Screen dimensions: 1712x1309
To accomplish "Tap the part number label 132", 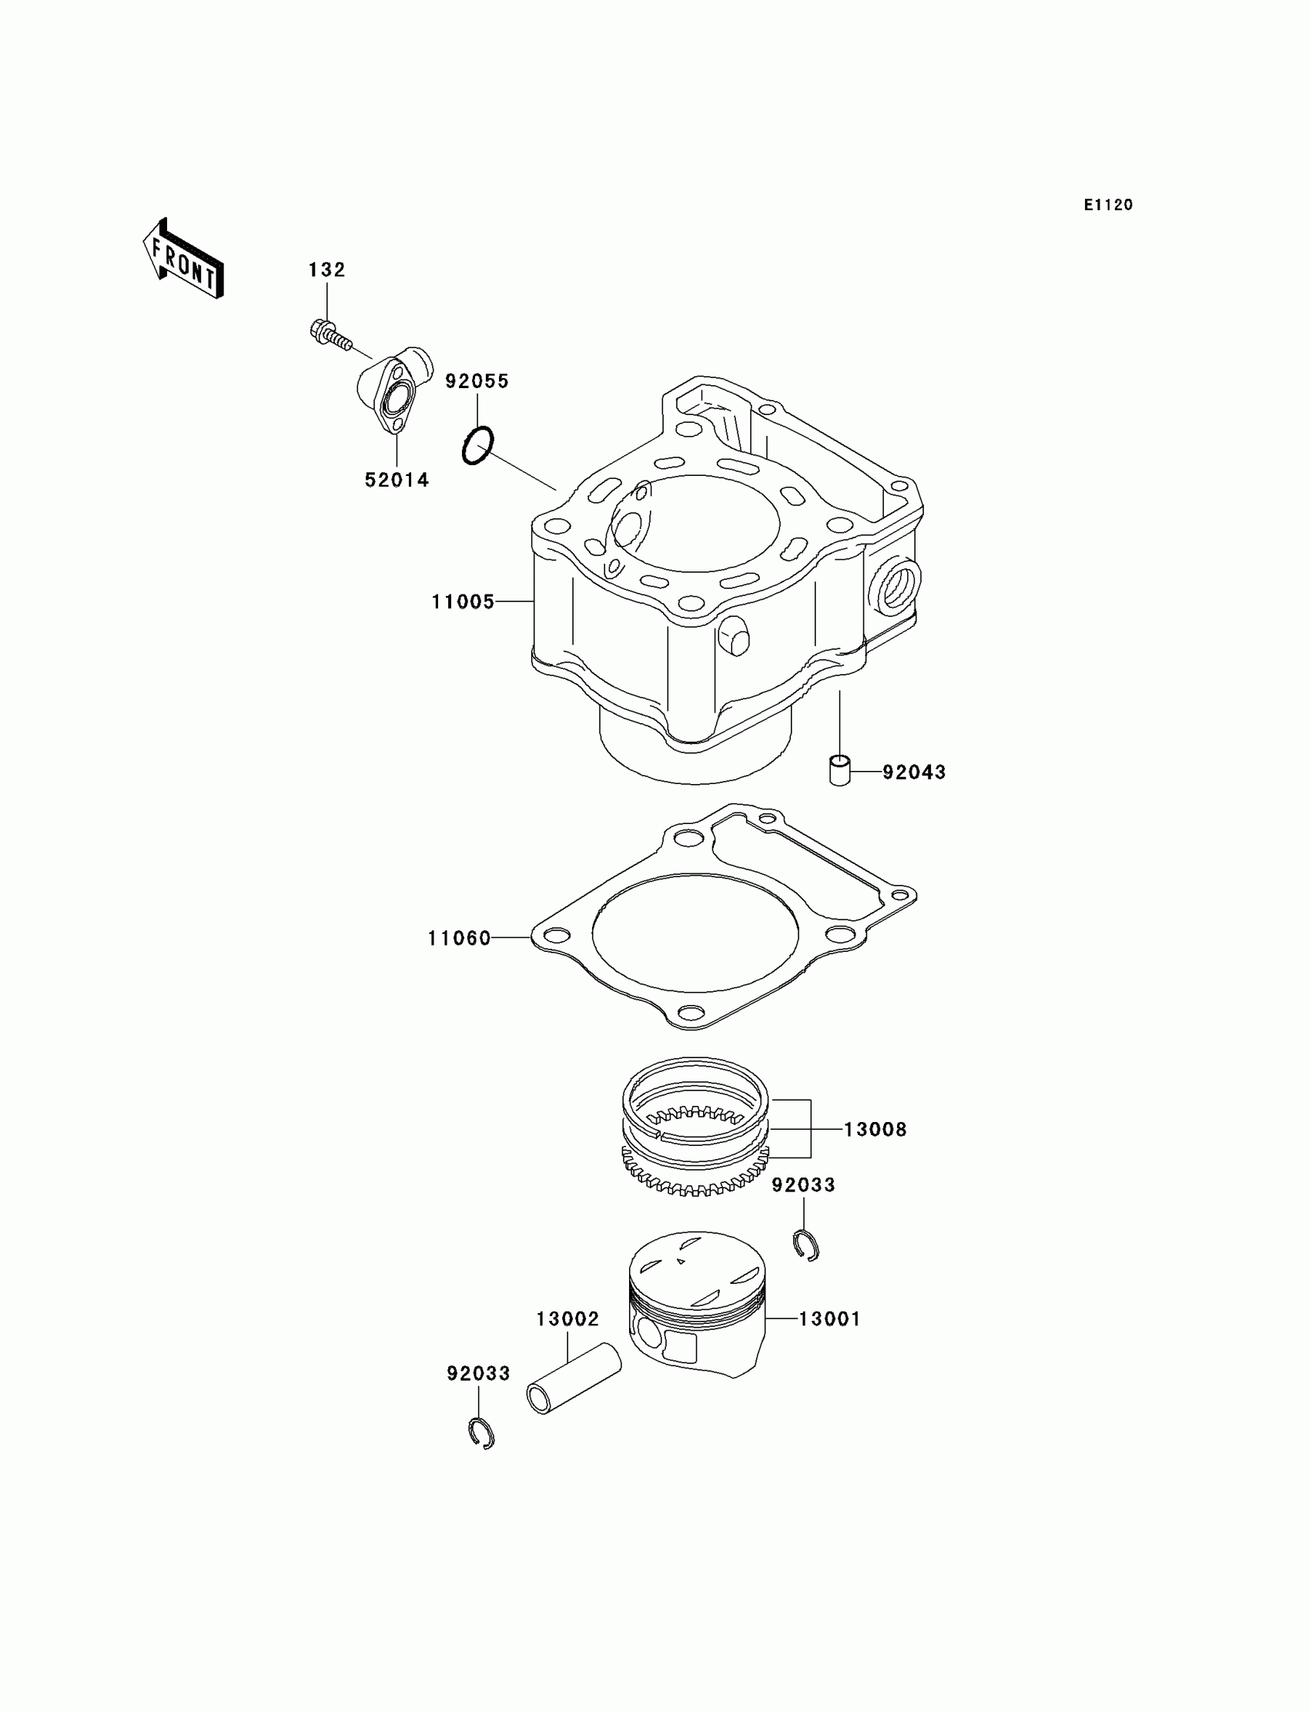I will (326, 270).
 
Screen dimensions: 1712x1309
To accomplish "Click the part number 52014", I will (397, 481).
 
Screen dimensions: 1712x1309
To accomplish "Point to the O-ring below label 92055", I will (477, 446).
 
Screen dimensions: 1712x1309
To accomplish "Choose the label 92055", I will (477, 382).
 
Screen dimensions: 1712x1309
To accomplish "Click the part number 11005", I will (464, 601).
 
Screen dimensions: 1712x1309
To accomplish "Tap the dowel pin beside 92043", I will (839, 770).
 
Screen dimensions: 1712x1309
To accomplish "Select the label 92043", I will (914, 772).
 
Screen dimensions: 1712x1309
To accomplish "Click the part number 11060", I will (460, 938).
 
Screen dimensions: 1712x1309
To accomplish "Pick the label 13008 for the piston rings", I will (875, 1129).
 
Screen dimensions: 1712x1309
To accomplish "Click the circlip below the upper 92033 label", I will (805, 1245).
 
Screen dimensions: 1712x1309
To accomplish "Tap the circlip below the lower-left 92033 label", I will (481, 1433).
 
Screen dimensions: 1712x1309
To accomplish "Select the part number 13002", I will (567, 1319).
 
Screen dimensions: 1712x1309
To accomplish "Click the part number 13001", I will (830, 1319).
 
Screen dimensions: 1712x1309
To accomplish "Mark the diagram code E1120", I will (1108, 205).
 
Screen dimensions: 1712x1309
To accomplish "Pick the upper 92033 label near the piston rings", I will (803, 1185).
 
